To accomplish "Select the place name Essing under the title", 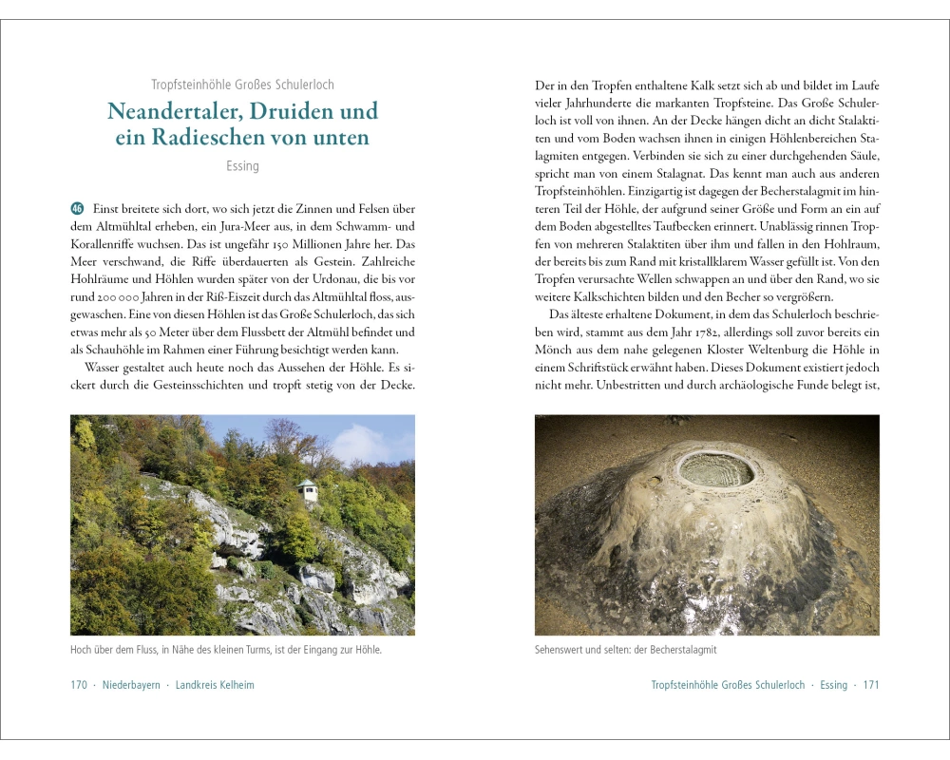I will (x=242, y=166).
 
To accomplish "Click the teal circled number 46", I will (x=77, y=208).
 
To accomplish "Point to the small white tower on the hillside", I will (x=307, y=490).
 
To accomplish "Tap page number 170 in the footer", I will (x=79, y=685).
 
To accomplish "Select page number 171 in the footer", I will (x=870, y=685).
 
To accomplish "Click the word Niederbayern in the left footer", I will (x=131, y=685).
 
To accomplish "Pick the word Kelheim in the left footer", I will (x=235, y=685).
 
